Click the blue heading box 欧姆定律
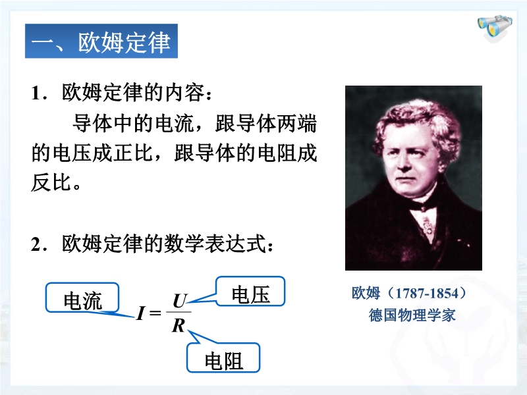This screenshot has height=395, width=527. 101,41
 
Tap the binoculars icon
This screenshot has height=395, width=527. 495,27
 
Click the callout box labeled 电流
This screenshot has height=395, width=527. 82,298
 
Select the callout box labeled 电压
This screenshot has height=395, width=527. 250,291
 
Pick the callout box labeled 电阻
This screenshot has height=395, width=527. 223,357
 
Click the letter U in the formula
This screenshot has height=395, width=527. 180,301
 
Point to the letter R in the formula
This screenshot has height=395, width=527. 178,325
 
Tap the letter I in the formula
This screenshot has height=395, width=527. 140,313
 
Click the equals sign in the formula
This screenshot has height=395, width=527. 155,313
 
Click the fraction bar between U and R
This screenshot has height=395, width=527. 179,312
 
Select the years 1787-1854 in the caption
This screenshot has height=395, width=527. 427,293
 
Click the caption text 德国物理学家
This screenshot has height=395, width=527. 412,315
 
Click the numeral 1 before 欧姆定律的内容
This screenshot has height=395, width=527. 36,93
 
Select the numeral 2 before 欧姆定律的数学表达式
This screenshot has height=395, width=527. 36,244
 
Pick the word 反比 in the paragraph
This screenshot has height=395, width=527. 51,182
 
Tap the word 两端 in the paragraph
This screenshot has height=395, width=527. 297,123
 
